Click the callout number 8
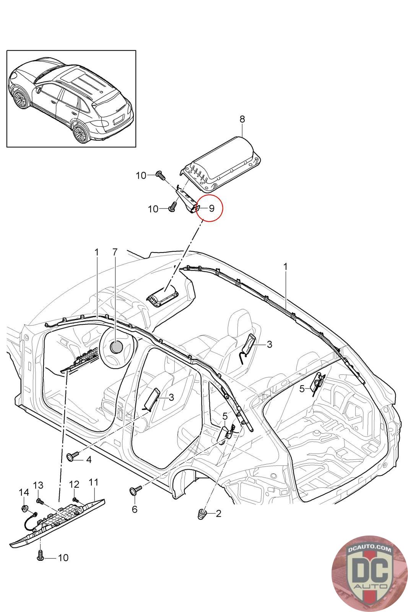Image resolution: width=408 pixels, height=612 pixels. (242, 119)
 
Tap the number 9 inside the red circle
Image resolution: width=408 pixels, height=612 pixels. (211, 208)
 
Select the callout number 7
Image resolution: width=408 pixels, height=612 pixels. (115, 252)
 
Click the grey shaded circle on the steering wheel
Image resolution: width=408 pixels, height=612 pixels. (116, 347)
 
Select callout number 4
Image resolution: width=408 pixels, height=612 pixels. (89, 459)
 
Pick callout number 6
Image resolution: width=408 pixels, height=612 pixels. (134, 509)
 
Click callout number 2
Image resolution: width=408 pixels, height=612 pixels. (218, 514)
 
